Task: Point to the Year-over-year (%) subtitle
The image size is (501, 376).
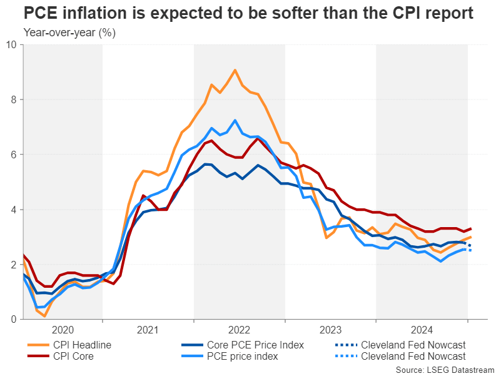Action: (x=69, y=32)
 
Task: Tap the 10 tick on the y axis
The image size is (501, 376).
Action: (x=12, y=44)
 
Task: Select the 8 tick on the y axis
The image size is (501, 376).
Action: (x=14, y=99)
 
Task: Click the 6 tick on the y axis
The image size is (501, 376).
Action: (x=14, y=155)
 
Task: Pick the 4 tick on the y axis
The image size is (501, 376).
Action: (x=14, y=210)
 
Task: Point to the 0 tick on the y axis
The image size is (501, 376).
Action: (x=14, y=320)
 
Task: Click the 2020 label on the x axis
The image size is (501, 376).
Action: (x=63, y=330)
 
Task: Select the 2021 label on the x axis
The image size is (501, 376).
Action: (x=148, y=330)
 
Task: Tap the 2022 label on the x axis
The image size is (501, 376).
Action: (x=239, y=330)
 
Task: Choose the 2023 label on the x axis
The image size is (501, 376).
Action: (x=330, y=330)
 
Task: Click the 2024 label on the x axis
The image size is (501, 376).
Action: (x=422, y=330)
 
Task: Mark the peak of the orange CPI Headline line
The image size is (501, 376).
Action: (x=235, y=70)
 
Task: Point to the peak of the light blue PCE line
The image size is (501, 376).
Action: (x=235, y=120)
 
